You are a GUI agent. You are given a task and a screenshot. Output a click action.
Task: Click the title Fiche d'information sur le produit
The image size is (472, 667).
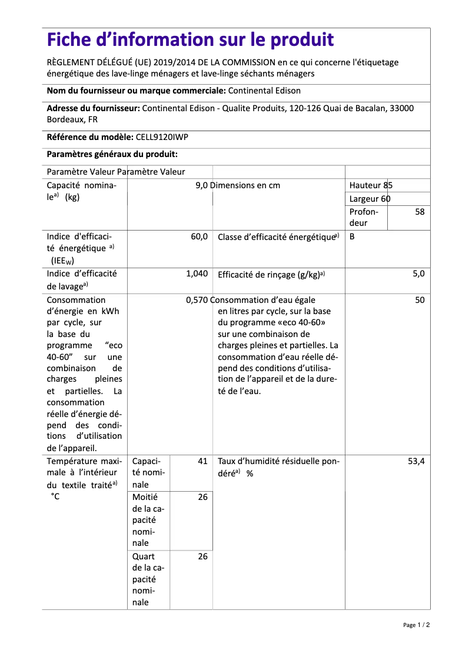tap(190, 40)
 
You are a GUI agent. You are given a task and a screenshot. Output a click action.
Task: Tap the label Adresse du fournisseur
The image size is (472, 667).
tap(93, 108)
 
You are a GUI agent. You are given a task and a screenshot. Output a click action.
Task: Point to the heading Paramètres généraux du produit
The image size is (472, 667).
tap(112, 154)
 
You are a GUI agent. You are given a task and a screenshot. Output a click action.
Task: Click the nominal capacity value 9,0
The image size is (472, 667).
tap(202, 185)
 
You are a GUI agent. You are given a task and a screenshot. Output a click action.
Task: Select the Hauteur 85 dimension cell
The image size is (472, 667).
tap(371, 185)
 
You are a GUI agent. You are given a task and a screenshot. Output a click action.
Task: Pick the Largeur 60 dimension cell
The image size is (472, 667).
tap(370, 199)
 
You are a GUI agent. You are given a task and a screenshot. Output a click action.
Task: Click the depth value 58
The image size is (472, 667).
tap(419, 212)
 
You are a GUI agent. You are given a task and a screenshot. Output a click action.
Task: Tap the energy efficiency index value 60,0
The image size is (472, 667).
tap(199, 236)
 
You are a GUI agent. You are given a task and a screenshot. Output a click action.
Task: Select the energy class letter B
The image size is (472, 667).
tap(352, 236)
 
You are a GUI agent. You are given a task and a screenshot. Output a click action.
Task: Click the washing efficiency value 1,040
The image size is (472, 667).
tap(197, 274)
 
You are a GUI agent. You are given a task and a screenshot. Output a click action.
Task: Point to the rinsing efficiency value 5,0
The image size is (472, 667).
tap(418, 274)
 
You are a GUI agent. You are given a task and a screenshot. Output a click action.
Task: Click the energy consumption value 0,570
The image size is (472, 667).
tap(197, 300)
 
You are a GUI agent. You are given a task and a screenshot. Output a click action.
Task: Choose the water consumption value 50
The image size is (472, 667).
tap(419, 300)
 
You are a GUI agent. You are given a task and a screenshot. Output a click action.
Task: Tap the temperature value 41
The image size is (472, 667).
tap(202, 462)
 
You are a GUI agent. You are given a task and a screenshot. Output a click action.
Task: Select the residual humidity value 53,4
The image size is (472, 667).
tap(416, 462)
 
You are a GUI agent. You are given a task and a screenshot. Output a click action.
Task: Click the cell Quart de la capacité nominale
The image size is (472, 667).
tap(148, 579)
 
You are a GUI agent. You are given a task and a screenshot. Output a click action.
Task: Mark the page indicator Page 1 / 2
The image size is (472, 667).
tap(416, 625)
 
